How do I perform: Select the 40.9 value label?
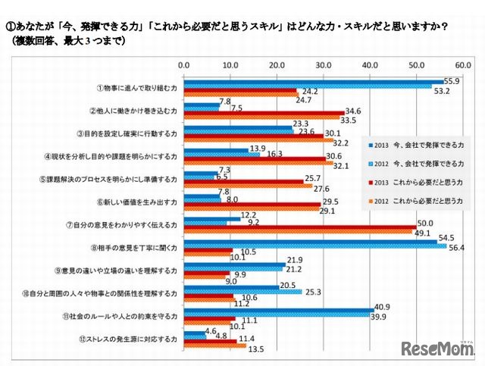[384, 308]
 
